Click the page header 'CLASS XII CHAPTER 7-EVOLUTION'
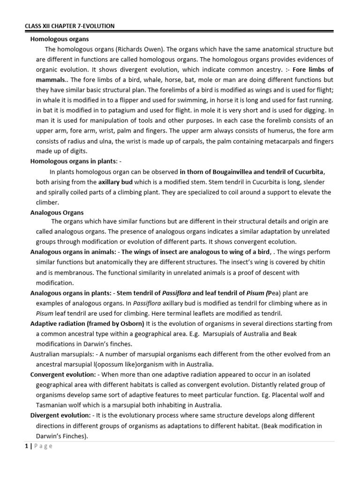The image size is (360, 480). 70,26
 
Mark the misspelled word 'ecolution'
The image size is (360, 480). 281,242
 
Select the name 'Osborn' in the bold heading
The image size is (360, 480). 133,323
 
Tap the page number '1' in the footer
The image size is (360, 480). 27,446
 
